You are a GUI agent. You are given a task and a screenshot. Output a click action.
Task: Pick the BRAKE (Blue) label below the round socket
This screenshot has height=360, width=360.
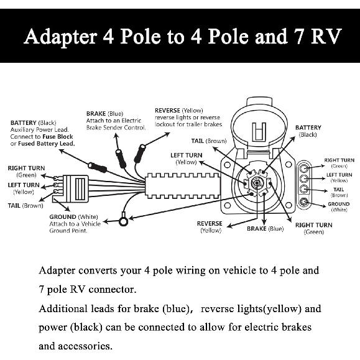click(x=265, y=229)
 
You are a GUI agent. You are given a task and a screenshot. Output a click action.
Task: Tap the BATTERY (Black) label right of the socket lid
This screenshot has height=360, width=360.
click(x=308, y=131)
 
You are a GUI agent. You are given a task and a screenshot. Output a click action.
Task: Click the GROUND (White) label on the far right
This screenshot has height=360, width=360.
click(x=339, y=206)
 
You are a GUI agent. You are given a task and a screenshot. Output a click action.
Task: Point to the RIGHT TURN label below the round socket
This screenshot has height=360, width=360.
click(x=313, y=228)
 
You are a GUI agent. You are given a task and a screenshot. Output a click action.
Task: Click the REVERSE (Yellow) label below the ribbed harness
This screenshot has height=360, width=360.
click(x=210, y=226)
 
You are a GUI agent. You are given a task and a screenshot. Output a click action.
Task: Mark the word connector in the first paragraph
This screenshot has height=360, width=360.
click(x=115, y=289)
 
